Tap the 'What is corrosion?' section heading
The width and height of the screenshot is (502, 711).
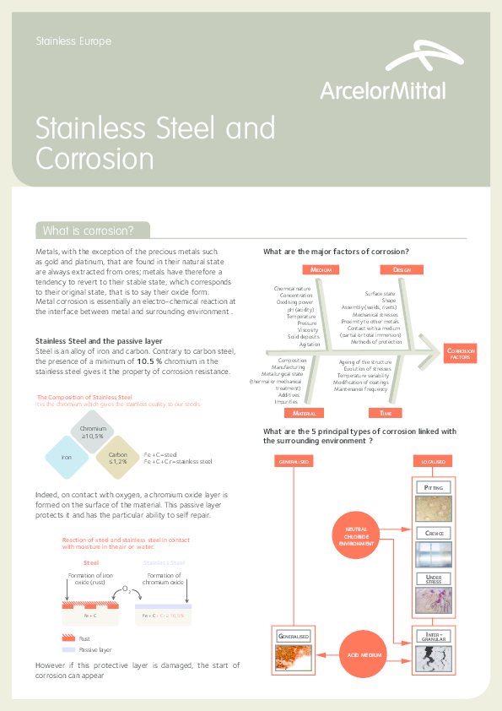click(x=89, y=231)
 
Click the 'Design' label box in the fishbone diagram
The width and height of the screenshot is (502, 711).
click(x=402, y=269)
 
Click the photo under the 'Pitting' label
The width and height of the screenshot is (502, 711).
click(x=434, y=509)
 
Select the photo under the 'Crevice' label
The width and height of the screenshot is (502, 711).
click(x=434, y=555)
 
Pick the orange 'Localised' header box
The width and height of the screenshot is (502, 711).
click(x=434, y=462)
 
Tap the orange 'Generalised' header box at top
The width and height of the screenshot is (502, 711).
click(x=294, y=462)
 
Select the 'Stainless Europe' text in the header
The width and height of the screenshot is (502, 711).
click(x=73, y=41)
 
